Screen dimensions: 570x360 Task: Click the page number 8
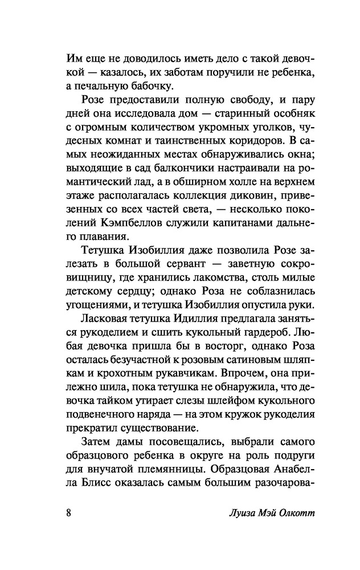[x=68, y=511]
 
